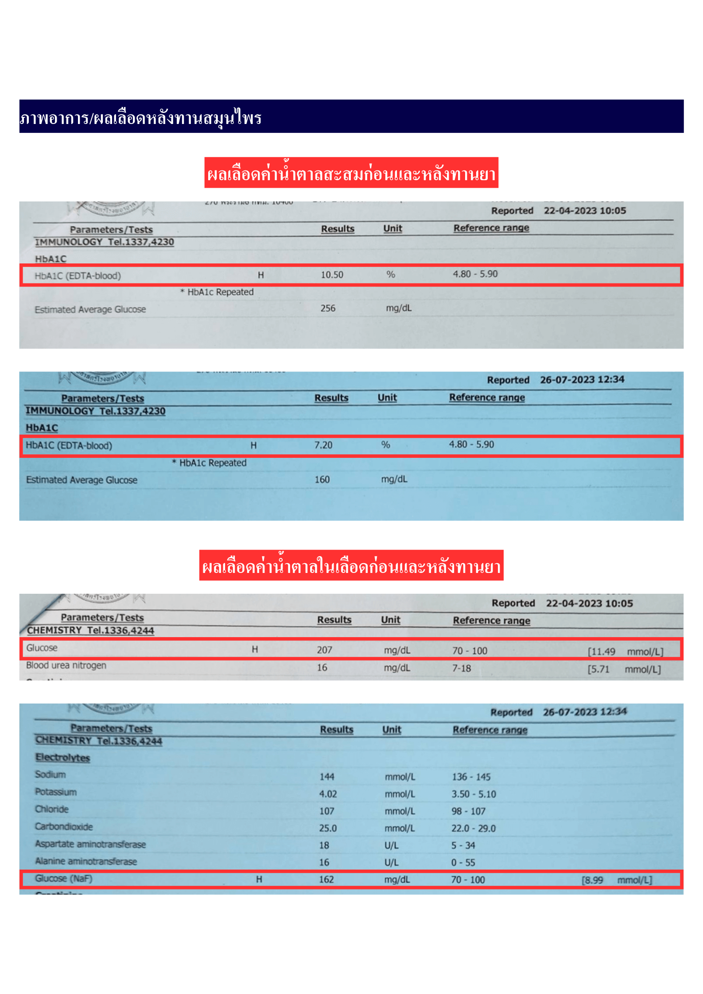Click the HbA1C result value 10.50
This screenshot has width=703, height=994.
[332, 275]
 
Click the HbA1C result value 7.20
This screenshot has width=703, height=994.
[323, 445]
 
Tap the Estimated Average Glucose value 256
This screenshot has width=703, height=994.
[328, 308]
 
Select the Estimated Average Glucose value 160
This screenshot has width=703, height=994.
[322, 480]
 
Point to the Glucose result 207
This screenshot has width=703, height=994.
[324, 650]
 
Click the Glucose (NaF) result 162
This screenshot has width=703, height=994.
[326, 879]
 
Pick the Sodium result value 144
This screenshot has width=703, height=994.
[327, 777]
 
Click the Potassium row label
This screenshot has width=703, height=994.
[56, 792]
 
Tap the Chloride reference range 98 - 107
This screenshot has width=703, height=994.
[468, 811]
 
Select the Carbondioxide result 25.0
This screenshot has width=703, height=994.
[328, 828]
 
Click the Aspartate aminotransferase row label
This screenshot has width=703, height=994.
[90, 844]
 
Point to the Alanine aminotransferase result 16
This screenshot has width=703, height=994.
[324, 862]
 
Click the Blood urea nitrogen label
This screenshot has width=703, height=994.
[66, 665]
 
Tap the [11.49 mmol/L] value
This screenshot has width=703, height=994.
[625, 652]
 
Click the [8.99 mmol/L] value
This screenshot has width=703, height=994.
[617, 880]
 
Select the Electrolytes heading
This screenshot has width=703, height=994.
[62, 758]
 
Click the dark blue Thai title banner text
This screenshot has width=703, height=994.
[141, 118]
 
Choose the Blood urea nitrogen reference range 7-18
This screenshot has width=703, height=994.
[461, 668]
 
